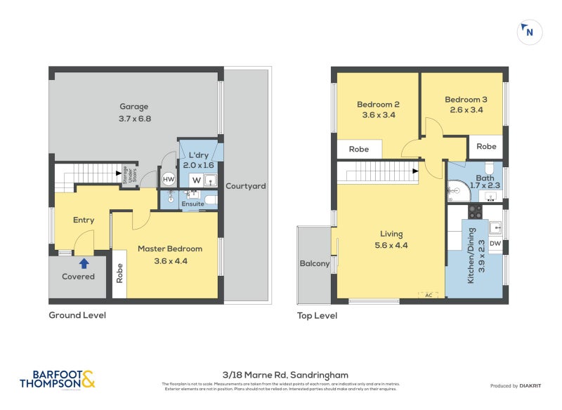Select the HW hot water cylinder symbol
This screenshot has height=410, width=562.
point(169,179)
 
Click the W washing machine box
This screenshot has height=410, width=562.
point(196,179)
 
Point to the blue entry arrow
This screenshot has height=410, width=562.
point(84,263)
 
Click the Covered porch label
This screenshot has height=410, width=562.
point(79,277)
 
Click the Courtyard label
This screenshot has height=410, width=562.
point(245,186)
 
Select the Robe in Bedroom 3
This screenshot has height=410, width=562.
point(486,147)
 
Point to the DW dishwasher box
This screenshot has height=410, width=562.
point(495,244)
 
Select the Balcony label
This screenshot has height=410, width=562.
point(314,264)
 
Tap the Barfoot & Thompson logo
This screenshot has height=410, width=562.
point(57,380)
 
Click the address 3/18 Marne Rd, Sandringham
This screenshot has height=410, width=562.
point(280,375)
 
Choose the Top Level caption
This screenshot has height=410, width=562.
point(317,316)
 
